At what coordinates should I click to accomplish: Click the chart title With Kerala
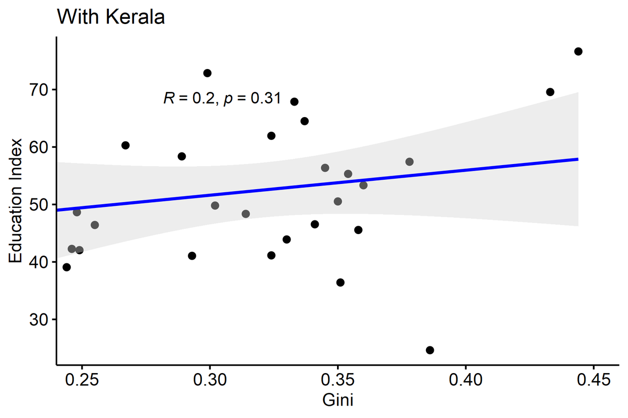pos(111,17)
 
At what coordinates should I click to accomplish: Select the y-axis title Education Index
pos(17,201)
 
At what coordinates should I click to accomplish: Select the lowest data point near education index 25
pos(430,350)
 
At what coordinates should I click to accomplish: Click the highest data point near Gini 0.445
pos(578,51)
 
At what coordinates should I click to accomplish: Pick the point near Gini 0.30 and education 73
pos(207,73)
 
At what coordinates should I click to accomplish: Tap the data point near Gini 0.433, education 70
pos(550,92)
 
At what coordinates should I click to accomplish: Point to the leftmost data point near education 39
pos(66,267)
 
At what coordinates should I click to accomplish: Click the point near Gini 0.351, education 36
pos(341,282)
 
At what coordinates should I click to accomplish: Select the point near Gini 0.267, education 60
pos(126,145)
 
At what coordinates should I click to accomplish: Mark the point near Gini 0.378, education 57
pos(409,162)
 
